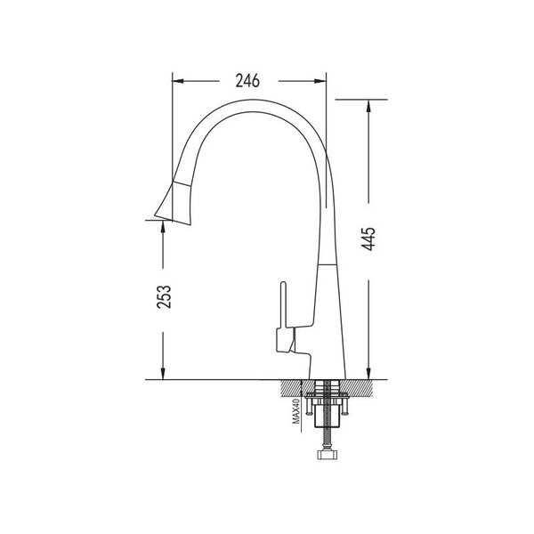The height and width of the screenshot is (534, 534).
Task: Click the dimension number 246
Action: (247, 81)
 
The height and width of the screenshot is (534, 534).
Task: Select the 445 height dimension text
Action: (368, 239)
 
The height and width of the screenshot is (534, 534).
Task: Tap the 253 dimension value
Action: (164, 297)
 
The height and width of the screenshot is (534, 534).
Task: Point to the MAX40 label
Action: (296, 412)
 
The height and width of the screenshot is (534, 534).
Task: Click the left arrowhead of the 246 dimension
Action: (178, 81)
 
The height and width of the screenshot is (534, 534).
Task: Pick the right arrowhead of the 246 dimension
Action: (320, 81)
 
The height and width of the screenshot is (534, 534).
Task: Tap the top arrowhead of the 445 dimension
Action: (368, 106)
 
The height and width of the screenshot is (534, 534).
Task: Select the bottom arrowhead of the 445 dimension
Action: (368, 373)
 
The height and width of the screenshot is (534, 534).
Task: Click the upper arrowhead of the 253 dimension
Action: (163, 226)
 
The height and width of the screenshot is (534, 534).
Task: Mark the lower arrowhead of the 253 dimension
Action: (163, 373)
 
